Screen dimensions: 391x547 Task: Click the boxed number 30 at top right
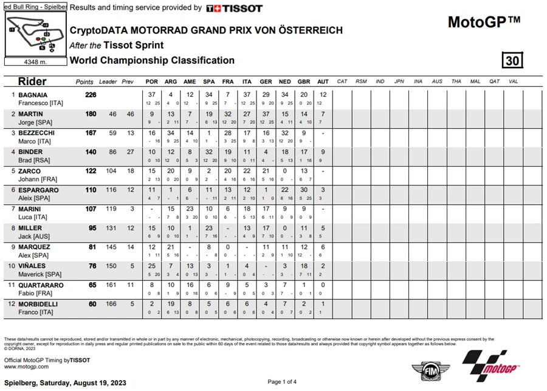click(x=512, y=61)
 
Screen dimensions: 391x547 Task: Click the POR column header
click(x=152, y=81)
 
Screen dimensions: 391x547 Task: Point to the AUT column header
click(x=323, y=81)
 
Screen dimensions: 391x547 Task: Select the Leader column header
click(x=108, y=81)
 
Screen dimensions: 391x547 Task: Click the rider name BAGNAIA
click(x=35, y=95)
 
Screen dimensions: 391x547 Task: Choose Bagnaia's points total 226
click(x=91, y=95)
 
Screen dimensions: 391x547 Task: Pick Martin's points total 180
click(x=91, y=114)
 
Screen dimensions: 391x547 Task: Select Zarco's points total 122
click(x=91, y=171)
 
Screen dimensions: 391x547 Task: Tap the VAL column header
click(x=514, y=81)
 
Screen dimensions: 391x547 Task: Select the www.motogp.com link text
click(x=26, y=367)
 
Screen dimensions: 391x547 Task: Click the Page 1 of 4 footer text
click(x=282, y=382)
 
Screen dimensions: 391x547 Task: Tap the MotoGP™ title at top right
click(x=484, y=22)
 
